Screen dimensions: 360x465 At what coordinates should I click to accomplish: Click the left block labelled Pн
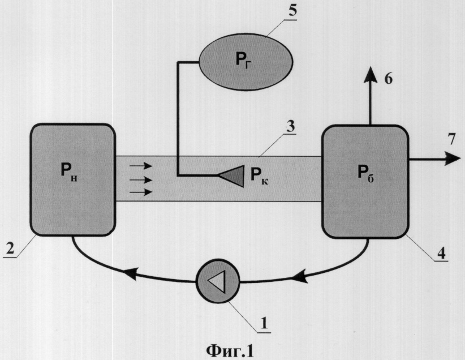click(x=72, y=179)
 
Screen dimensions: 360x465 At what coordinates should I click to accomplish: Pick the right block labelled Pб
click(x=365, y=183)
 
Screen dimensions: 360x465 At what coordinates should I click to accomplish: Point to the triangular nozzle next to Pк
click(x=230, y=175)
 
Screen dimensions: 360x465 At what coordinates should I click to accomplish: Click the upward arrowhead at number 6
click(x=370, y=73)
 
